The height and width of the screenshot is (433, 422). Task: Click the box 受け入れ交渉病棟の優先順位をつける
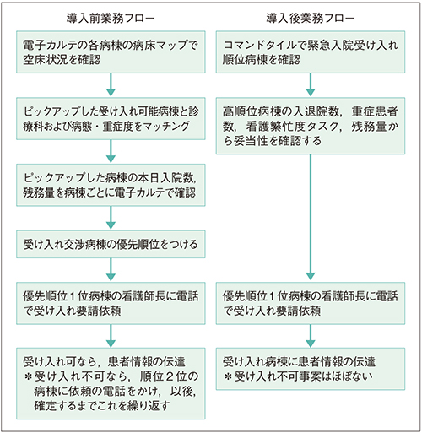[x=111, y=246]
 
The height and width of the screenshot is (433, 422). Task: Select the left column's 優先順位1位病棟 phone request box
[x=111, y=305]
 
